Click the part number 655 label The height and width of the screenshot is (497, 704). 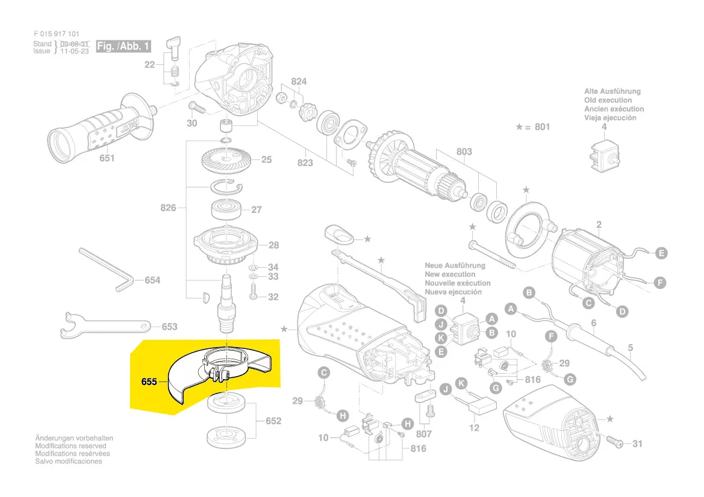[149, 381]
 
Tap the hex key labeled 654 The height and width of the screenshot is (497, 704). [105, 271]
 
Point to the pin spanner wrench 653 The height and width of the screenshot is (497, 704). [105, 324]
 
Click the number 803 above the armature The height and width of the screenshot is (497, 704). [464, 152]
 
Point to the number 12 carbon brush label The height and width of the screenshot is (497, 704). [475, 428]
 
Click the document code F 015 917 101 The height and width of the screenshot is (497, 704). [56, 34]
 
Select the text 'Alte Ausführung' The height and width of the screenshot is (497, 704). [612, 91]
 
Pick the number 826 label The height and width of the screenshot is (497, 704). [168, 208]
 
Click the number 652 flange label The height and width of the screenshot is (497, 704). [273, 421]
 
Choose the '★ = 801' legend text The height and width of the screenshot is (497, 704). [533, 127]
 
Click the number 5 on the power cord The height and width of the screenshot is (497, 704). [631, 347]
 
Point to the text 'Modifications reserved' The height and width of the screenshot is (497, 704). [70, 446]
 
